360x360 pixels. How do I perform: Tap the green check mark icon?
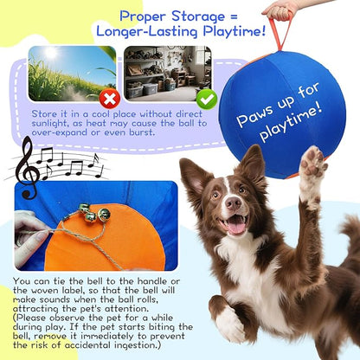205,98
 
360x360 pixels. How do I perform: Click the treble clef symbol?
27,161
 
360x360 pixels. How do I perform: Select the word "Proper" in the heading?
149,16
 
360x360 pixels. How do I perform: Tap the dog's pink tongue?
234,228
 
